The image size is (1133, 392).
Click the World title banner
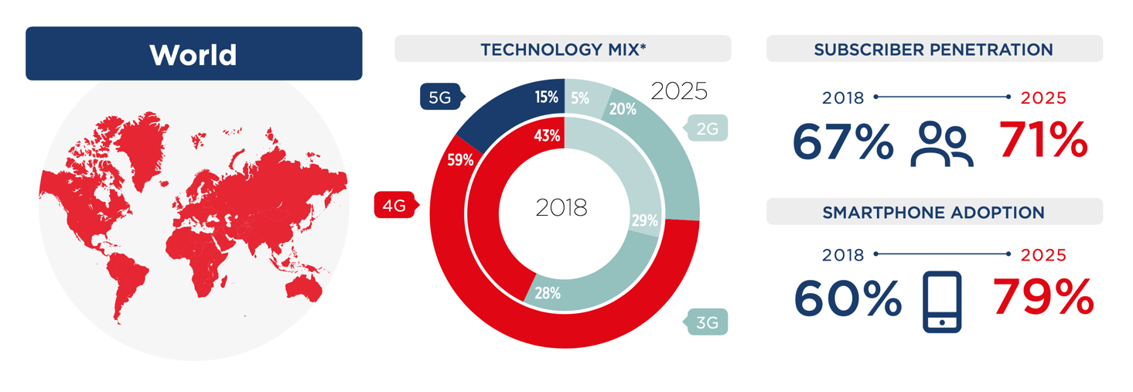click(193, 54)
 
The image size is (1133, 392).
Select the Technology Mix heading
click(562, 49)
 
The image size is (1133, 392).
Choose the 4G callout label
click(394, 206)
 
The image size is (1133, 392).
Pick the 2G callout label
click(706, 129)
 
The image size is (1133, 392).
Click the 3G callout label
click(707, 322)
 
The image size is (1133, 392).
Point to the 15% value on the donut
click(546, 97)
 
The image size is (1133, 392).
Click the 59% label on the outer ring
click(460, 161)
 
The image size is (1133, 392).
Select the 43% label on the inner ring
click(547, 136)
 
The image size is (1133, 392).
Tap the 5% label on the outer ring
click(580, 98)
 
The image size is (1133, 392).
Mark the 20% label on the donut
click(623, 110)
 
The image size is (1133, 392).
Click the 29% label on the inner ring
click(644, 221)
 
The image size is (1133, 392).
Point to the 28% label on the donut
click(547, 293)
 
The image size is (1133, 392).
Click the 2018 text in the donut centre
click(561, 207)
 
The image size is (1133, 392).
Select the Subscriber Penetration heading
click(933, 49)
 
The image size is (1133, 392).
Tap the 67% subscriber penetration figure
click(842, 141)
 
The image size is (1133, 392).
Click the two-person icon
click(943, 145)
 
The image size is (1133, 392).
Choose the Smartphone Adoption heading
click(933, 212)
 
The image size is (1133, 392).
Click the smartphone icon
click(942, 302)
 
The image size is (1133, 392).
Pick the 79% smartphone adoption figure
click(1043, 298)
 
